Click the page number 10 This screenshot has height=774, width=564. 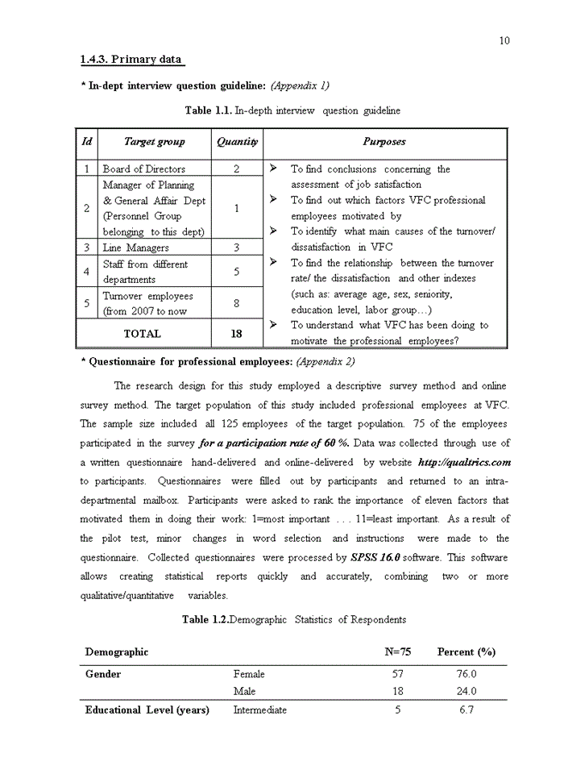click(x=504, y=41)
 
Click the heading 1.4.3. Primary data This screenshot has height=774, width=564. click(x=132, y=60)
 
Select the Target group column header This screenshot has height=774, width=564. click(x=154, y=142)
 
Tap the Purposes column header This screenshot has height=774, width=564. click(x=384, y=142)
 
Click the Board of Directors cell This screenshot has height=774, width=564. click(x=144, y=169)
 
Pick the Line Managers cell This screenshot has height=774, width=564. click(x=136, y=248)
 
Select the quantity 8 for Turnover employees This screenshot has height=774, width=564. click(x=236, y=304)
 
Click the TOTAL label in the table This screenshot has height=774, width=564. click(x=142, y=334)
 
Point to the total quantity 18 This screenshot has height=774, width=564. click(x=236, y=334)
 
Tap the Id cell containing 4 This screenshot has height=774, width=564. click(x=86, y=272)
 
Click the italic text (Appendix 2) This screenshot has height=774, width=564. click(x=326, y=362)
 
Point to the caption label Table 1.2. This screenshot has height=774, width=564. click(x=205, y=619)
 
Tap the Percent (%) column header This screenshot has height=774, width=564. click(x=467, y=651)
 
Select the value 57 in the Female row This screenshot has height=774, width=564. click(x=397, y=674)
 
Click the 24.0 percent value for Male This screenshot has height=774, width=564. click(x=467, y=692)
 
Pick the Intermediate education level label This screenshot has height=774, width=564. click(x=259, y=710)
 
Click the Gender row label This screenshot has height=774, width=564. click(x=103, y=674)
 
